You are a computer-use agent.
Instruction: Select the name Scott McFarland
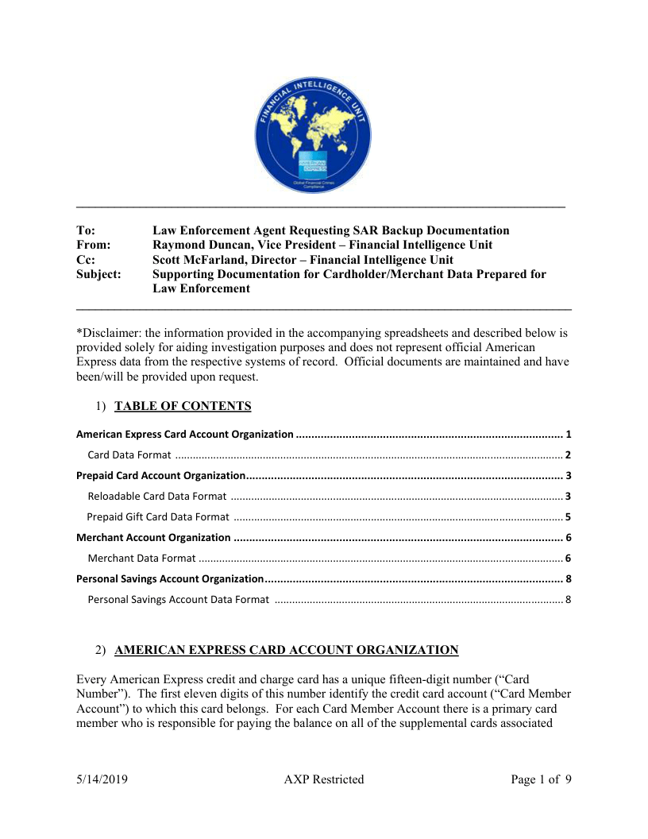pos(193,260)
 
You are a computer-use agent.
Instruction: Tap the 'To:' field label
pos(85,230)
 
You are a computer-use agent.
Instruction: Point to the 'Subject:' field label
pos(98,274)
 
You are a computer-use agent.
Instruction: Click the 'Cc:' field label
pos(86,260)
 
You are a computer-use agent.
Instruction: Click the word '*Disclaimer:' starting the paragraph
pos(107,332)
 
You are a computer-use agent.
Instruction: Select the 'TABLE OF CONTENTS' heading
pos(183,407)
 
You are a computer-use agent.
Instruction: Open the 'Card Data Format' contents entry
pos(129,455)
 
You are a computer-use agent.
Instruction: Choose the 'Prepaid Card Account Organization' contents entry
pos(160,476)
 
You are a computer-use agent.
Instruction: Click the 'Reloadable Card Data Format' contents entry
pos(156,497)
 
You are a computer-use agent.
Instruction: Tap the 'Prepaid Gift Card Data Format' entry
pos(158,517)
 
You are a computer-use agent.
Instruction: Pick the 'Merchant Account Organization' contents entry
pos(153,538)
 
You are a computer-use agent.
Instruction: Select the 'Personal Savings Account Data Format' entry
pos(178,599)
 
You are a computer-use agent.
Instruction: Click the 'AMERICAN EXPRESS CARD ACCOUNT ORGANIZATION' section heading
pos(286,650)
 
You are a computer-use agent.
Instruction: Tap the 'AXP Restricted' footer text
pos(324,779)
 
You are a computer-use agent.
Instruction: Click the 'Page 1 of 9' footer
pos(542,779)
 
